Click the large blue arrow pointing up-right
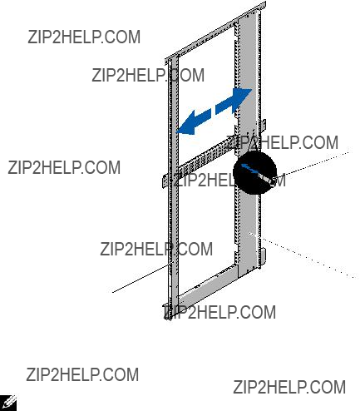coord(234,101)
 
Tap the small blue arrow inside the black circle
coord(250,169)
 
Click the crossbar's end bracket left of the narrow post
coord(165,181)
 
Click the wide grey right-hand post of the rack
coord(249,144)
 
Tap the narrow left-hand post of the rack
coord(173,189)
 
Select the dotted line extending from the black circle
coord(314,164)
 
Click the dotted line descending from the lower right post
coord(303,255)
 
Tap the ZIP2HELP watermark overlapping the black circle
coord(229,181)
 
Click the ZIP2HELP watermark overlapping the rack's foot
coord(219,312)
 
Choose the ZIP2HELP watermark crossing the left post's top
coord(148,75)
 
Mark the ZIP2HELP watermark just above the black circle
coord(283,142)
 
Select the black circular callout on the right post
coord(255,172)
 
